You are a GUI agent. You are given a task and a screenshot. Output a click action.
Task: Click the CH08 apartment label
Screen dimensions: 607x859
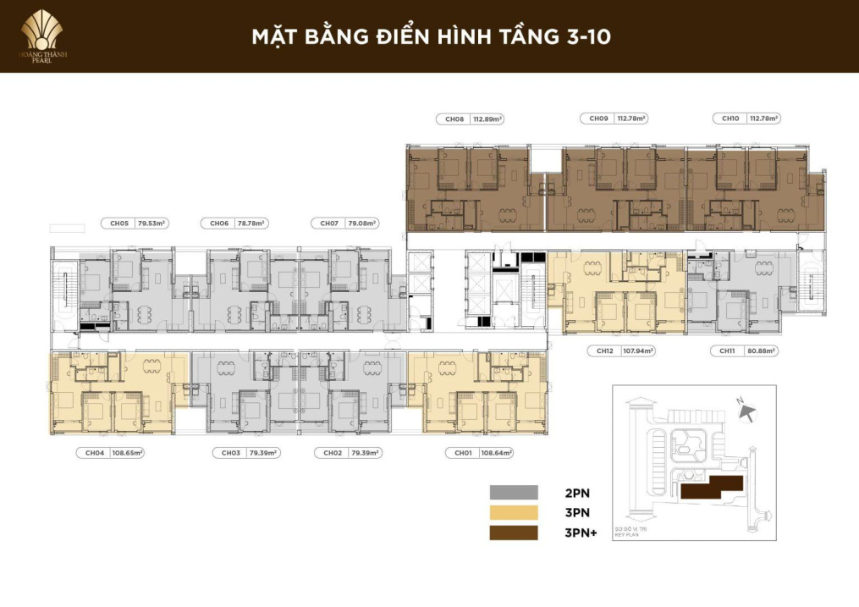point(454,119)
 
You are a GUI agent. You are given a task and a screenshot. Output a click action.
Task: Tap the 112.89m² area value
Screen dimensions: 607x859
point(488,119)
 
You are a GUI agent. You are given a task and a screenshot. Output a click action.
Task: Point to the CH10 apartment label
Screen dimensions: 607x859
point(729,119)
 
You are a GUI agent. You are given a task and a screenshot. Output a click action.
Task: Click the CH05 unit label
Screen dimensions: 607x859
point(119,223)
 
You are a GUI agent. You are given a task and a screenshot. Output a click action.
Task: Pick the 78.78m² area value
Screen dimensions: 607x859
point(251,223)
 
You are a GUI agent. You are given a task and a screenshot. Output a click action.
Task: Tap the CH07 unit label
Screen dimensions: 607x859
point(328,223)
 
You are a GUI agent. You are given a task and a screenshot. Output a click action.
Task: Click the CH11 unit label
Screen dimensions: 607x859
point(727,350)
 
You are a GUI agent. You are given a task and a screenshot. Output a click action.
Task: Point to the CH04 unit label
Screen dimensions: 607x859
point(95,453)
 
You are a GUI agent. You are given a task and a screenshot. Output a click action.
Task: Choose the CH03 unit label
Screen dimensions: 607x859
point(231,453)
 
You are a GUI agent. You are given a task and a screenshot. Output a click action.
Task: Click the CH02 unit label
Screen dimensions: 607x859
point(333,453)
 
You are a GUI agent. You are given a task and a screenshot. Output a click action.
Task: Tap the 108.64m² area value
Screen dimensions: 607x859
point(497,453)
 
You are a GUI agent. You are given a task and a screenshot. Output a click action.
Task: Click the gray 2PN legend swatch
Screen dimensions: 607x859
point(514,492)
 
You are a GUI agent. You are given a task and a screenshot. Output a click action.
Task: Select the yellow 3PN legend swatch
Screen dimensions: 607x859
point(514,512)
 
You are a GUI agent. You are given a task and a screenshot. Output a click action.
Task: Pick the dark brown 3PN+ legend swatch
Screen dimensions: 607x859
point(514,533)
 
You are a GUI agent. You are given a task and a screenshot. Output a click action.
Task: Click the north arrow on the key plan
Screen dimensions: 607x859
point(746,411)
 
